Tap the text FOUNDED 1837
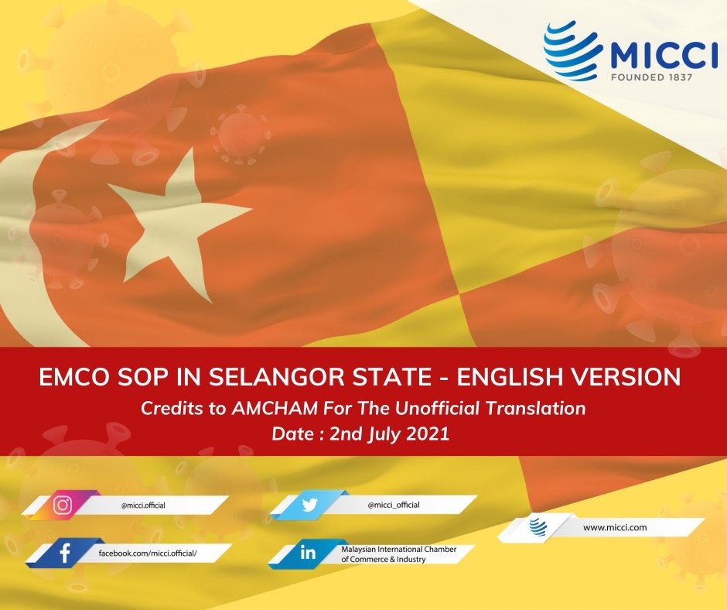coord(651,77)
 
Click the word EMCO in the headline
coord(75,377)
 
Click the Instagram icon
coord(63,505)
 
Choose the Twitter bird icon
coord(309,505)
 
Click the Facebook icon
coord(65,553)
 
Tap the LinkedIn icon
coord(308,553)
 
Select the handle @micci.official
coord(143,505)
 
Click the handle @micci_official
coord(394,505)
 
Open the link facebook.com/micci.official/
coord(148,553)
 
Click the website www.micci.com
coord(615,527)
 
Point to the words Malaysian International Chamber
coord(399,549)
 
